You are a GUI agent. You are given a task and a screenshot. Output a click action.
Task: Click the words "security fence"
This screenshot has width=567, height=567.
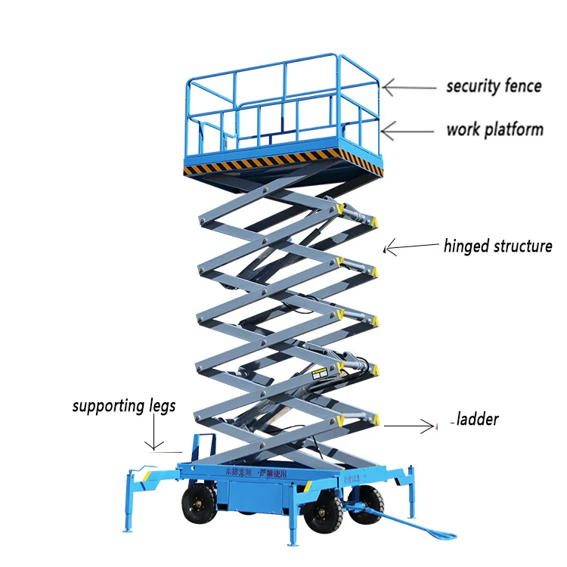point(494,86)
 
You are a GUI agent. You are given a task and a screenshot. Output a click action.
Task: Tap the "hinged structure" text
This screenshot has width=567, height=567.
point(497,246)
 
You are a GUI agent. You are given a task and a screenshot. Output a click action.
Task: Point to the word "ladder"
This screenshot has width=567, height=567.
point(478,418)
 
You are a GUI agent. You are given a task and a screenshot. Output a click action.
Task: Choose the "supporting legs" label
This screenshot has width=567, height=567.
point(124,406)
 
